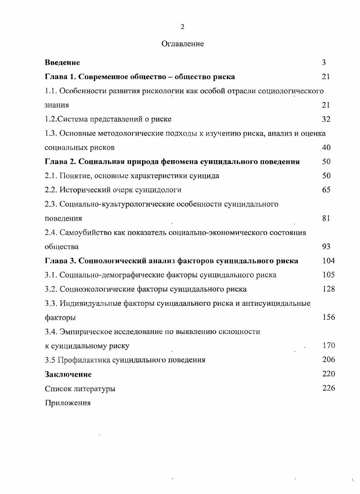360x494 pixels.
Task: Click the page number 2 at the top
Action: click(x=182, y=27)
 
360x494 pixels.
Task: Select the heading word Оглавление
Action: click(x=183, y=44)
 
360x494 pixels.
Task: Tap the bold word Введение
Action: click(x=62, y=62)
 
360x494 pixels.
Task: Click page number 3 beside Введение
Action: click(x=324, y=62)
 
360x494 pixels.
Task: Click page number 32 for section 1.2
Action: click(x=326, y=119)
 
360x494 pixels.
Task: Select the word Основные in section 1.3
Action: click(x=77, y=133)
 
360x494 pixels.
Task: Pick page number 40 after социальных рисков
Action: click(x=326, y=147)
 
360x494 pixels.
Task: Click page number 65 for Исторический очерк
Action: click(x=326, y=190)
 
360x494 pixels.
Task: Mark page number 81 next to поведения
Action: click(x=325, y=218)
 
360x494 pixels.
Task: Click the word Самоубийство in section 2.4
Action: click(x=84, y=232)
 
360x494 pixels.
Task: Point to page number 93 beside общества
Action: click(x=326, y=247)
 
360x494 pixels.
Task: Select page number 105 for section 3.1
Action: click(x=328, y=275)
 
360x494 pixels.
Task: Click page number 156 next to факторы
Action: click(x=328, y=317)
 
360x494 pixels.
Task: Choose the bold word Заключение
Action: click(x=68, y=374)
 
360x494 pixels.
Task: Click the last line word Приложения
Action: click(x=68, y=403)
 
